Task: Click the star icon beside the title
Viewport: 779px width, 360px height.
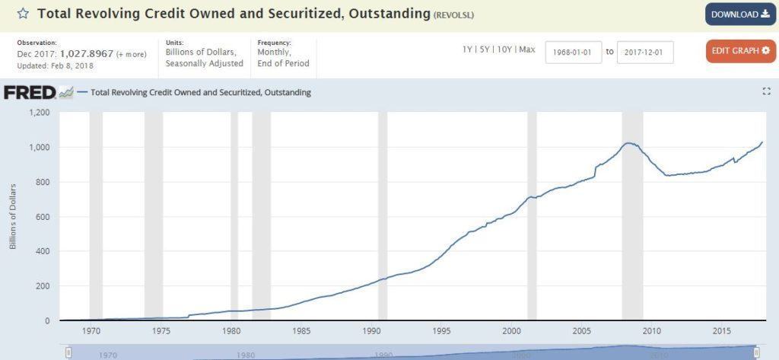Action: tap(24, 14)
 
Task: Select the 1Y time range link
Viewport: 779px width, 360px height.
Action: tap(467, 50)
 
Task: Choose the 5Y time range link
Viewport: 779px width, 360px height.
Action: tap(485, 50)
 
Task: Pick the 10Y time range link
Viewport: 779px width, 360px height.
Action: tap(503, 50)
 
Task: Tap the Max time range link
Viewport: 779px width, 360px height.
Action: tap(527, 50)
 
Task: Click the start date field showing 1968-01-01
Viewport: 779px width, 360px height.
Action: tap(574, 53)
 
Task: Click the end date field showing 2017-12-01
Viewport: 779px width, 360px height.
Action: tap(645, 53)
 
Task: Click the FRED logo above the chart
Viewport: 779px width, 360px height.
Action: tap(30, 93)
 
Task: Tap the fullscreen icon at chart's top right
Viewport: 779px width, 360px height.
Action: tap(766, 91)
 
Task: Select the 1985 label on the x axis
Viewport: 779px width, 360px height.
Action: tap(302, 331)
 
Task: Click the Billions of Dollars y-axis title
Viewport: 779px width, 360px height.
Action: tap(13, 217)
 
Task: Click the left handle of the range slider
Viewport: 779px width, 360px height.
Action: tap(68, 352)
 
